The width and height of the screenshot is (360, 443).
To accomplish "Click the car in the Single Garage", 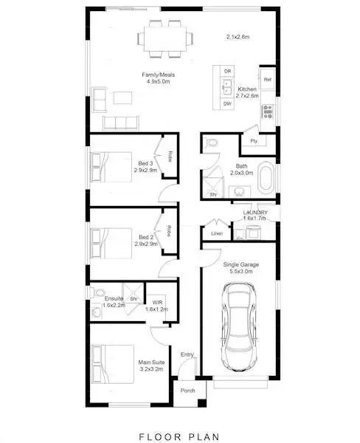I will [x=238, y=330].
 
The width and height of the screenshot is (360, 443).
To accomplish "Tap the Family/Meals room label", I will [x=156, y=75].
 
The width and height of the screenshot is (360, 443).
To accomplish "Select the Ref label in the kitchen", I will [x=267, y=79].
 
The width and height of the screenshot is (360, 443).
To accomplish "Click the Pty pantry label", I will [x=253, y=140].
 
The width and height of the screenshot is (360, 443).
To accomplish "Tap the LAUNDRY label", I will [x=255, y=213].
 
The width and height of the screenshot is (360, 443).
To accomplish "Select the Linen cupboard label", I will [x=215, y=234].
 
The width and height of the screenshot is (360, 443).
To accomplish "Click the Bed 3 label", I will [x=145, y=163].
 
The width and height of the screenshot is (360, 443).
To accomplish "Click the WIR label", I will [x=156, y=302].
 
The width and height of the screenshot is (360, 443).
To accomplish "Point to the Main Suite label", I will [x=151, y=363].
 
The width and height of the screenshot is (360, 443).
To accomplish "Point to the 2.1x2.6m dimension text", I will [x=238, y=36].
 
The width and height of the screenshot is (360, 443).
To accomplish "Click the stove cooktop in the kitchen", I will [x=267, y=112].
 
